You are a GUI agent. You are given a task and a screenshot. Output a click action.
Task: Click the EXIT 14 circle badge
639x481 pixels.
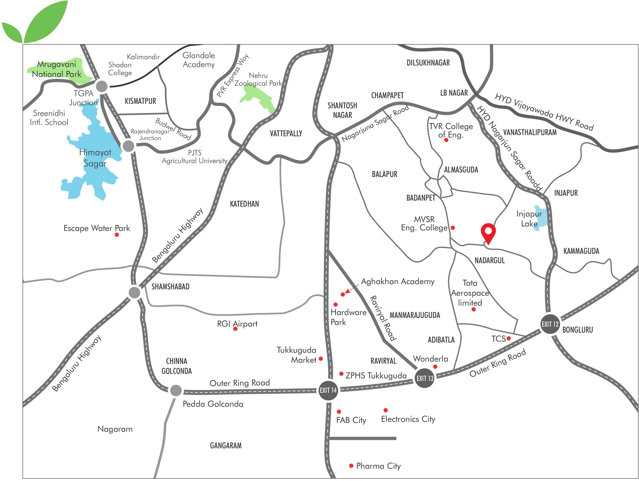(x=328, y=390)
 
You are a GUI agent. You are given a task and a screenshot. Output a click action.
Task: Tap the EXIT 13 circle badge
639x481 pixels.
(x=425, y=378)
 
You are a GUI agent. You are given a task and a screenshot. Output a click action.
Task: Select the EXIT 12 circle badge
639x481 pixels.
(x=550, y=324)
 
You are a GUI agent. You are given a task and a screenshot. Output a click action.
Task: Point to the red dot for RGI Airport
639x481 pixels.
(x=235, y=329)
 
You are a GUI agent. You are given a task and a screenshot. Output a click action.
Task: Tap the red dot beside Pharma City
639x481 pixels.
(x=351, y=466)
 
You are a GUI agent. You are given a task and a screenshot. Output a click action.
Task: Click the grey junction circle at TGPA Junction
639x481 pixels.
(x=102, y=86)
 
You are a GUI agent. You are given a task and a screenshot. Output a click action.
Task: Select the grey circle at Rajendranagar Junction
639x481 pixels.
(x=128, y=146)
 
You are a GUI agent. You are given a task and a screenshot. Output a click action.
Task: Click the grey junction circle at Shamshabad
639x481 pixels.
(x=134, y=293)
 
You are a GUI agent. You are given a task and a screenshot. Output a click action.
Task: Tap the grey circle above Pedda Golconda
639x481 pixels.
(x=176, y=390)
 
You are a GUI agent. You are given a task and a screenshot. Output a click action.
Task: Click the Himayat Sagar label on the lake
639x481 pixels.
(x=95, y=158)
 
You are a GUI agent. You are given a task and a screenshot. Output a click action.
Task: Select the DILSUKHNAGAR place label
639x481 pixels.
(x=428, y=63)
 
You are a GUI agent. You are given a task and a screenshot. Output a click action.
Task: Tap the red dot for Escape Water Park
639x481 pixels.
(x=117, y=235)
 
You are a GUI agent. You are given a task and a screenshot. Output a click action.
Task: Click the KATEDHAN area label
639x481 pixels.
(x=244, y=204)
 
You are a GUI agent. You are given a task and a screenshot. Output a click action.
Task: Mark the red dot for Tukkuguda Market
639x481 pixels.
(x=321, y=359)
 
